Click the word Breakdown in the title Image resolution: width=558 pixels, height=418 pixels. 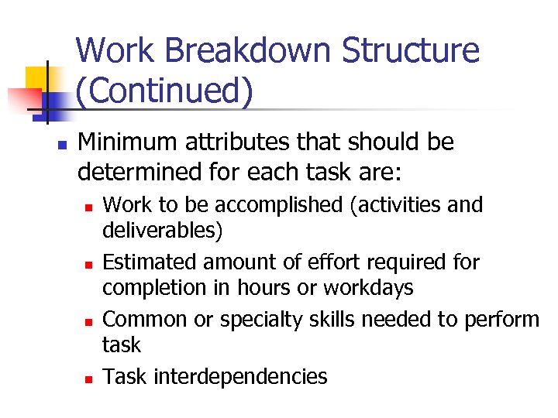click(x=247, y=51)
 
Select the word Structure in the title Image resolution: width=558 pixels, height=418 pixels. click(x=412, y=51)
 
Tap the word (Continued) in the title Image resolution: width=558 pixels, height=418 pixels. click(x=164, y=91)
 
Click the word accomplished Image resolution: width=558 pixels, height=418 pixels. click(x=280, y=205)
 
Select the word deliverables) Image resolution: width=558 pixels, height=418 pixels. click(x=163, y=230)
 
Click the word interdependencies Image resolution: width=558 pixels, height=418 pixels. click(x=240, y=377)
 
